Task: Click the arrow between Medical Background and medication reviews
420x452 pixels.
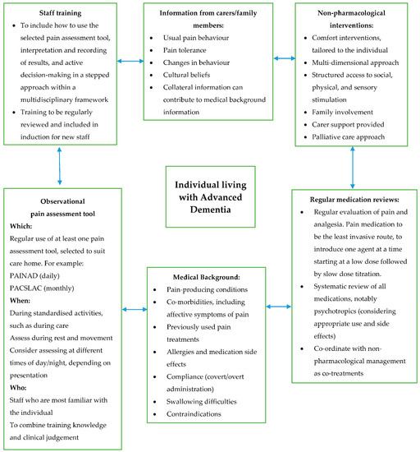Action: pyautogui.click(x=279, y=307)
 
